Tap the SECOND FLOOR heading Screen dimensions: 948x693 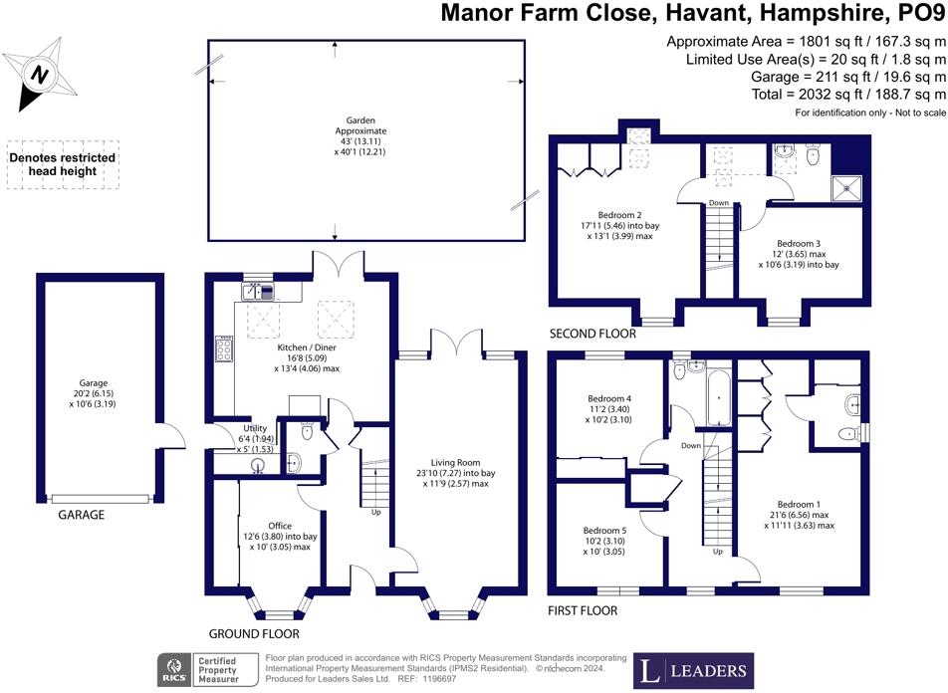tap(594, 335)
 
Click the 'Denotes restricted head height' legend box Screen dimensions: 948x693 tap(62, 164)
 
